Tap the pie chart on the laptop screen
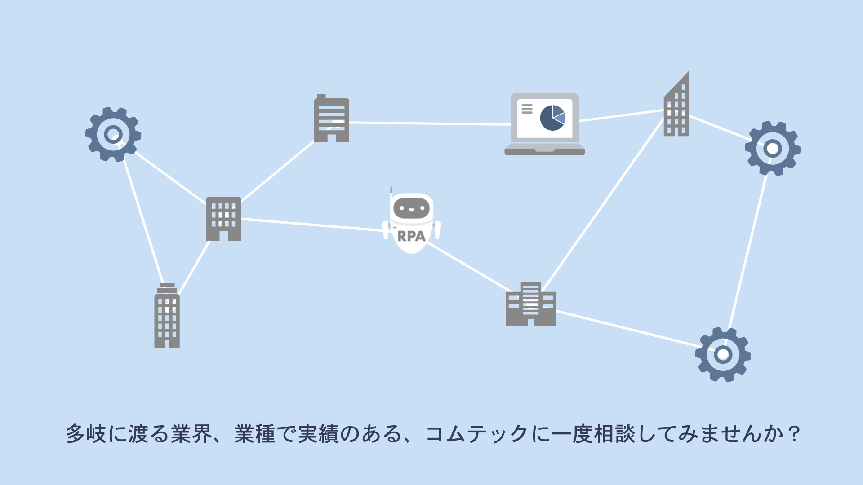(x=552, y=118)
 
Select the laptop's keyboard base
(x=544, y=150)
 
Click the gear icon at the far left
(x=113, y=134)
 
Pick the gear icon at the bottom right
(x=723, y=354)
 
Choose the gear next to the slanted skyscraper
(x=772, y=148)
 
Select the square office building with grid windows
(x=223, y=219)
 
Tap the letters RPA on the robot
(x=411, y=236)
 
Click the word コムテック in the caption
(x=476, y=434)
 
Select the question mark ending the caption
(x=794, y=434)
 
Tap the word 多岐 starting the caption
(x=86, y=434)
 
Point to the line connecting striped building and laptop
(x=429, y=123)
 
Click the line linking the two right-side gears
(x=748, y=251)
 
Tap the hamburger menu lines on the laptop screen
(x=527, y=109)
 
